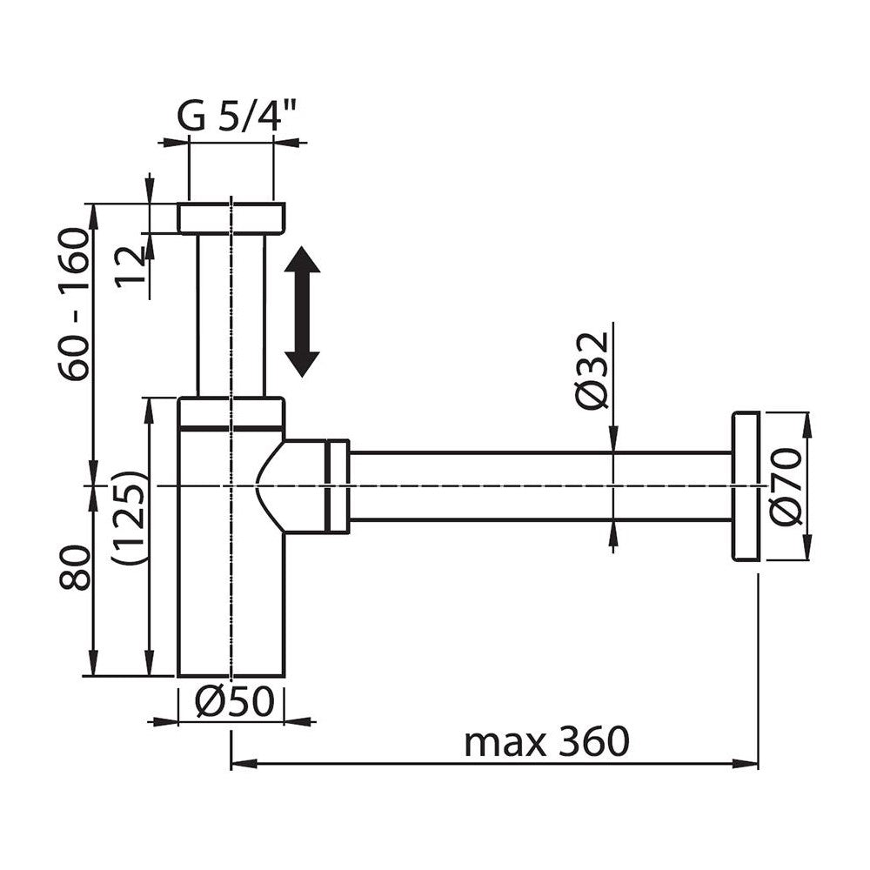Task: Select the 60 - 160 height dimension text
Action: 74,304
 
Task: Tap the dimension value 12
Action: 130,267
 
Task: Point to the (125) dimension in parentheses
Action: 130,517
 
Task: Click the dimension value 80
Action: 74,567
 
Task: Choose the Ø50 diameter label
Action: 234,702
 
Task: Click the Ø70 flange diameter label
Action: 786,486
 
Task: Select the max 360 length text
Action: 546,742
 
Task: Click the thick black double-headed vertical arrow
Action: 303,311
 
